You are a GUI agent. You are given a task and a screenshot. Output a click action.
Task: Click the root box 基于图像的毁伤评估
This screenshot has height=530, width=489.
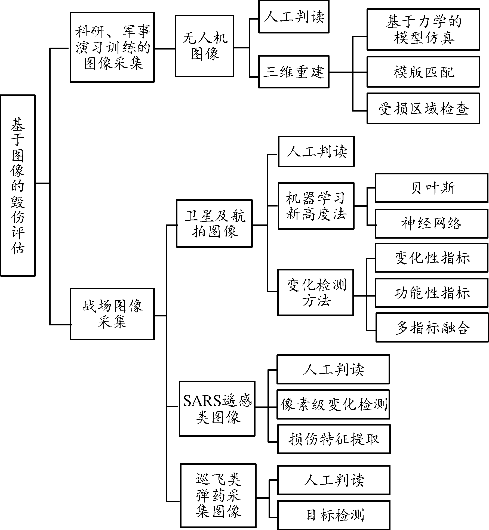tap(18, 186)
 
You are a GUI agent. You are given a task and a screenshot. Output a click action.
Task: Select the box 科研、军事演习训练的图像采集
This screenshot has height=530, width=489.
tap(112, 47)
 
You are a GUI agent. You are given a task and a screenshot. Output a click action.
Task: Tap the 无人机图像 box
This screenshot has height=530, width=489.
tap(204, 46)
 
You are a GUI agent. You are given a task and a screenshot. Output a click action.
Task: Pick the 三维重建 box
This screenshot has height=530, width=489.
tap(294, 72)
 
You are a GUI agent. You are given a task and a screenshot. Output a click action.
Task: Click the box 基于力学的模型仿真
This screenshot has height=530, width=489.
tap(423, 29)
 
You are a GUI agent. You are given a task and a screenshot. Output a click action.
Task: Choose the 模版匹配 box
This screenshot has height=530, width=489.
tap(423, 72)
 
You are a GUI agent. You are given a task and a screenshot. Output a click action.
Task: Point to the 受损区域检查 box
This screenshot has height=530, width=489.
tap(423, 109)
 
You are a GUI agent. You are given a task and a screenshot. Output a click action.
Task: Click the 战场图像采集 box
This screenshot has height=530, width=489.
tap(112, 314)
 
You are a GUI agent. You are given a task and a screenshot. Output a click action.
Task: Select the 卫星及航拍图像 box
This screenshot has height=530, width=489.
tap(214, 223)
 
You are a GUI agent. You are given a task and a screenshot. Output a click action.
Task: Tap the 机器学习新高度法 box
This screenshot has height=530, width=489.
tap(316, 206)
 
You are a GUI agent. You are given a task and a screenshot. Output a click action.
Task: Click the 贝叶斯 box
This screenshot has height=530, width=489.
tap(431, 188)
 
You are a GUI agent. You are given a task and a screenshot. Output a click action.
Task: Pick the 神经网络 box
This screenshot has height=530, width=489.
tap(431, 223)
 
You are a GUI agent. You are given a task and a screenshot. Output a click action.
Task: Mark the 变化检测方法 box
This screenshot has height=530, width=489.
tap(315, 292)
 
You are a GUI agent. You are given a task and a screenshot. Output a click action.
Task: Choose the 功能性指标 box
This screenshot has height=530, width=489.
tap(432, 293)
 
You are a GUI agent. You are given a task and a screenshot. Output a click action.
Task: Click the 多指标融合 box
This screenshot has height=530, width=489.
tap(432, 327)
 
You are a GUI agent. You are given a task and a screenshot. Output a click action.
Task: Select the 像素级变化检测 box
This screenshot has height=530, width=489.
tap(333, 404)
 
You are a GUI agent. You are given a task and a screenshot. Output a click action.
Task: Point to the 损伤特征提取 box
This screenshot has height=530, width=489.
tap(334, 439)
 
